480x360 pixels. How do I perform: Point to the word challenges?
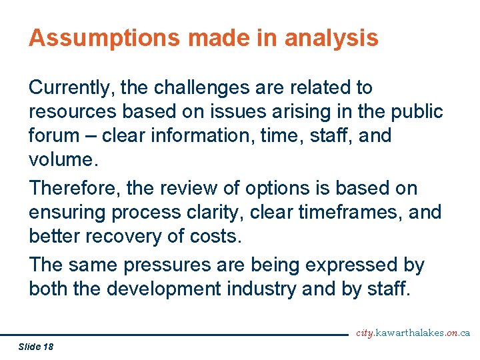point(205,87)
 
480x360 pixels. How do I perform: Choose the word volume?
point(62,159)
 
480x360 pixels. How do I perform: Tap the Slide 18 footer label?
point(36,347)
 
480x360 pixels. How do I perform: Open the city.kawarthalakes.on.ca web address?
point(413,333)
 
